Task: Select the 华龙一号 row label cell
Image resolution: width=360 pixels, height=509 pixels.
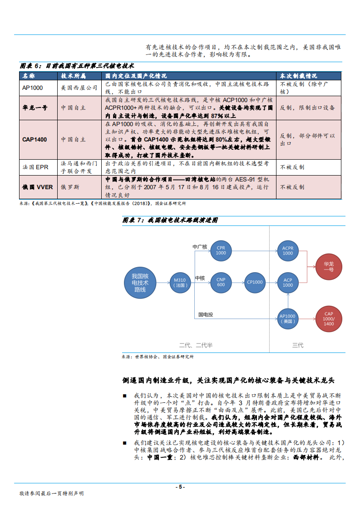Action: [35, 108]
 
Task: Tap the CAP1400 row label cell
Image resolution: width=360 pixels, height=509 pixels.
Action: [35, 139]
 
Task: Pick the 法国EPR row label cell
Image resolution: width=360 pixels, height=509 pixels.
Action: [35, 167]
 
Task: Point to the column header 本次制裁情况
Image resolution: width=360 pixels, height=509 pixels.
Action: [298, 76]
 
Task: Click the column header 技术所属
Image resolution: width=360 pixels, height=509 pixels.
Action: [73, 76]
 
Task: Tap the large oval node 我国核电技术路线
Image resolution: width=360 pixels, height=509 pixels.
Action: [140, 283]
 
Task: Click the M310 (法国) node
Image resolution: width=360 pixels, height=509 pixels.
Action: [180, 283]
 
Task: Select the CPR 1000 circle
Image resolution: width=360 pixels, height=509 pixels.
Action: [221, 250]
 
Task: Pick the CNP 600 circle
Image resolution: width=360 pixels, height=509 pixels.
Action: [221, 282]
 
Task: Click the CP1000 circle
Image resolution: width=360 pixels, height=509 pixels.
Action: [255, 282]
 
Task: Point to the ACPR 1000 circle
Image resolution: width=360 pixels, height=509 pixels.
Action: [288, 250]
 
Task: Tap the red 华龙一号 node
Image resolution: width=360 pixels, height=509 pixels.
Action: [329, 266]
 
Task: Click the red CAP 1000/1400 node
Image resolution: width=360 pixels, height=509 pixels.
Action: [329, 319]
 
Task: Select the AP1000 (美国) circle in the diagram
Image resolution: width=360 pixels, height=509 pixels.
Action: [288, 318]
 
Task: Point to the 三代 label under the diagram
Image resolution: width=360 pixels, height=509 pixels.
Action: [298, 345]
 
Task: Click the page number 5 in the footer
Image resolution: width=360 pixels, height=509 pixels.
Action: [180, 487]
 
